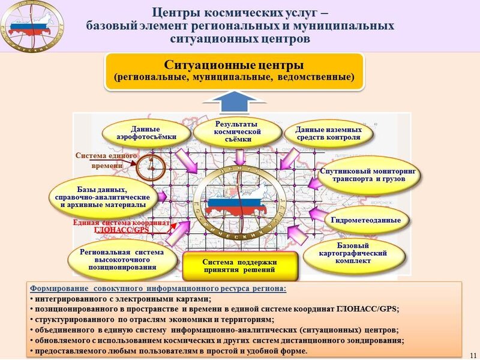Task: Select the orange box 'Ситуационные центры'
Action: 235,71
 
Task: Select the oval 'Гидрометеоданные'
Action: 365,220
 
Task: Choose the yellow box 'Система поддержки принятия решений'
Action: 239,266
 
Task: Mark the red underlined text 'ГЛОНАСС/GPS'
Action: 121,229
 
